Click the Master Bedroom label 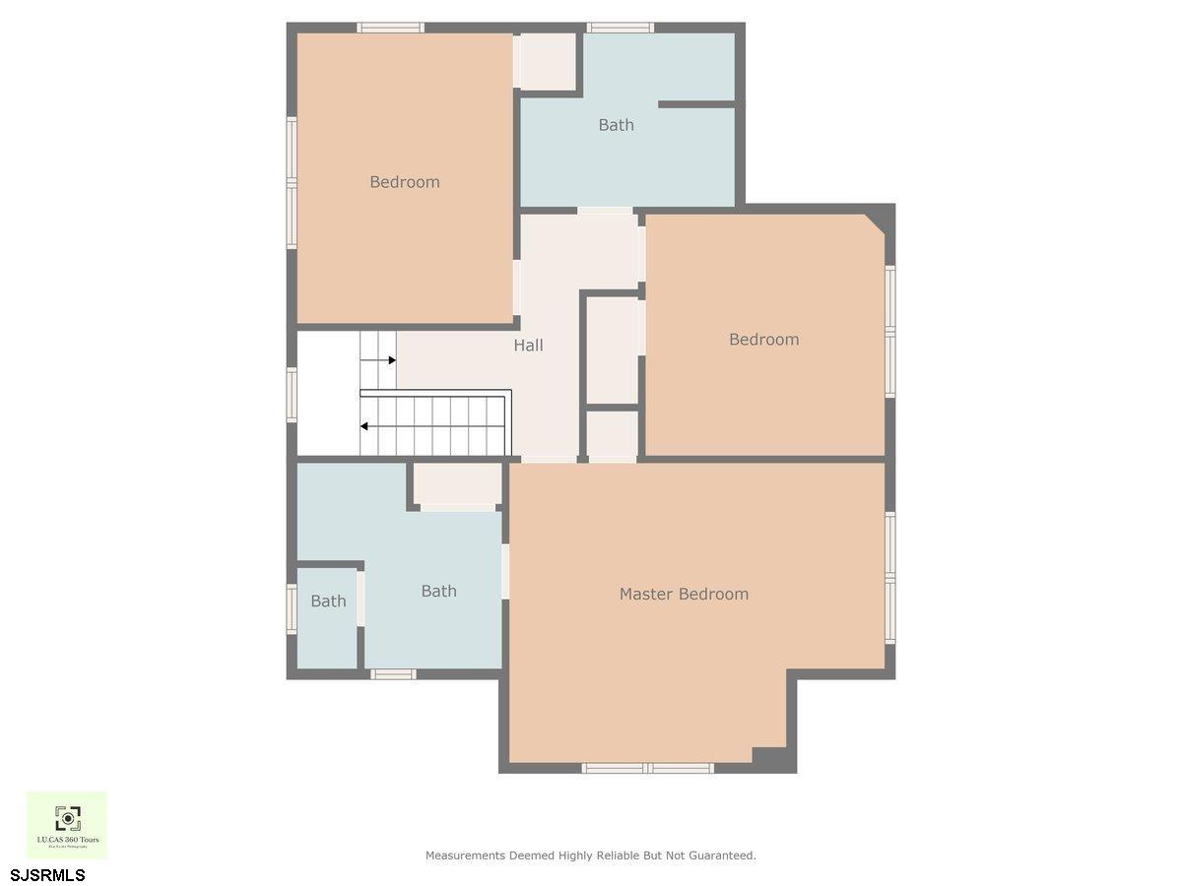tap(684, 594)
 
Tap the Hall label tap(528, 346)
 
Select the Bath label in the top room tap(616, 125)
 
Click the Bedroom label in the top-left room tap(404, 182)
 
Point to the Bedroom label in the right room tap(763, 340)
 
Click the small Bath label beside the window tap(328, 601)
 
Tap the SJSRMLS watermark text tap(48, 874)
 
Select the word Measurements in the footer tap(465, 855)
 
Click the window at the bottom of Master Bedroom tap(647, 768)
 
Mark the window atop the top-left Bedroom tap(390, 28)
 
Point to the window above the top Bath tap(620, 28)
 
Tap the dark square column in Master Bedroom tap(769, 758)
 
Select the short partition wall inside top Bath tap(696, 103)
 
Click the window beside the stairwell tap(292, 395)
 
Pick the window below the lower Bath tap(393, 674)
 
